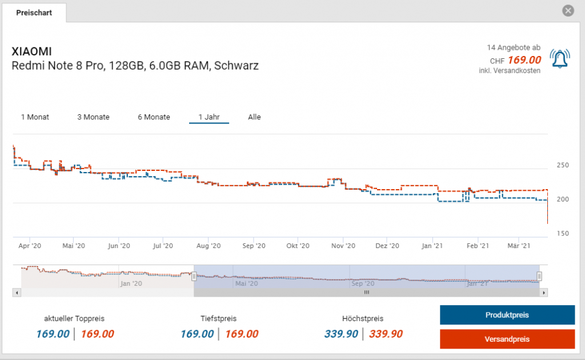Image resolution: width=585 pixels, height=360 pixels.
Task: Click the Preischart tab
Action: (34, 13)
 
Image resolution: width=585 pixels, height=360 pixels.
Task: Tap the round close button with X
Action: (567, 11)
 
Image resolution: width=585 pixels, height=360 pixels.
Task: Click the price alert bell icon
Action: (560, 58)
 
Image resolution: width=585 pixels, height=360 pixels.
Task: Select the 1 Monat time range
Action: (35, 117)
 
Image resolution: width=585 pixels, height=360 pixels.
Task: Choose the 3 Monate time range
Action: (93, 117)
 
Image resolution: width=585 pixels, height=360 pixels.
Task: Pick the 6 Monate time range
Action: (154, 117)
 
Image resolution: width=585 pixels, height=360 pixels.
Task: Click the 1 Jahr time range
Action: (209, 117)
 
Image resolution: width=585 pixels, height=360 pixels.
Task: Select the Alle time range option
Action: (254, 117)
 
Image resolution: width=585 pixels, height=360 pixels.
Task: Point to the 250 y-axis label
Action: (563, 165)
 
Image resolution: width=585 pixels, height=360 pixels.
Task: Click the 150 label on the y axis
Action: (563, 234)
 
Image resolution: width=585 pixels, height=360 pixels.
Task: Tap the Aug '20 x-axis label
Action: (208, 246)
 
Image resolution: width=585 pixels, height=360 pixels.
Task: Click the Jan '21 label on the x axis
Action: (432, 246)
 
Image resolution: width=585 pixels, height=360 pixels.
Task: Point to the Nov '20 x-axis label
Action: (343, 246)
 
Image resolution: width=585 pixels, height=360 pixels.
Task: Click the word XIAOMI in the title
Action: (31, 51)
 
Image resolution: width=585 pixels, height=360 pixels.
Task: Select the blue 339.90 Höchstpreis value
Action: (342, 334)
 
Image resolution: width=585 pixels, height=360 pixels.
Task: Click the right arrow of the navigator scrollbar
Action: (544, 293)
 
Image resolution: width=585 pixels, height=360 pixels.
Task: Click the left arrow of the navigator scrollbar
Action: (17, 293)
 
